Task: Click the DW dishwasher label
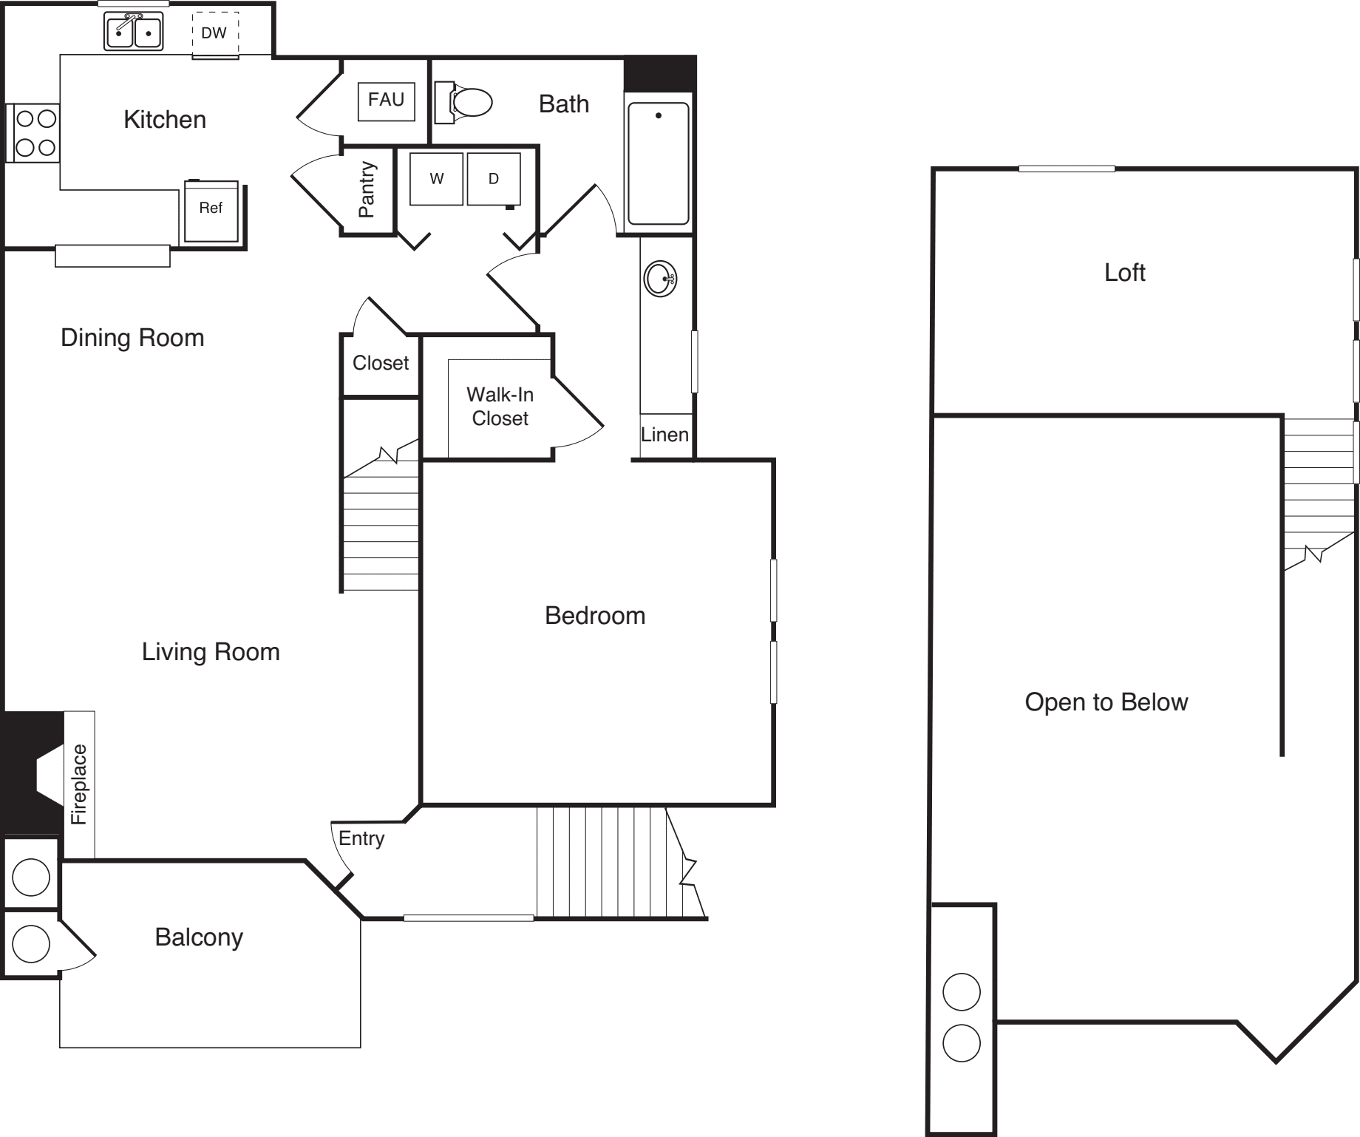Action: coord(214,33)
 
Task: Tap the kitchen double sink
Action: coord(133,31)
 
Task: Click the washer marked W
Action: coord(436,179)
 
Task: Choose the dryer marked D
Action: coord(494,179)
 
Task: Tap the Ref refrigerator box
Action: coord(211,211)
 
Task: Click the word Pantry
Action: coord(367,189)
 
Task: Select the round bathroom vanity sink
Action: coord(660,279)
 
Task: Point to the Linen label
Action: coord(664,435)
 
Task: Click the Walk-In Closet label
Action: coord(500,407)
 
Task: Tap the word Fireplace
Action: coord(79,784)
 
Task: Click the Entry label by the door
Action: coord(361,839)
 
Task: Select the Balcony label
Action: coord(199,938)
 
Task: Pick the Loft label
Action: coord(1125,273)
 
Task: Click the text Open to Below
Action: coord(1106,702)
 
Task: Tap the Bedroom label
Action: coord(595,616)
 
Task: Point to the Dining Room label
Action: coord(132,338)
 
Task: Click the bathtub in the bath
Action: coord(659,163)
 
